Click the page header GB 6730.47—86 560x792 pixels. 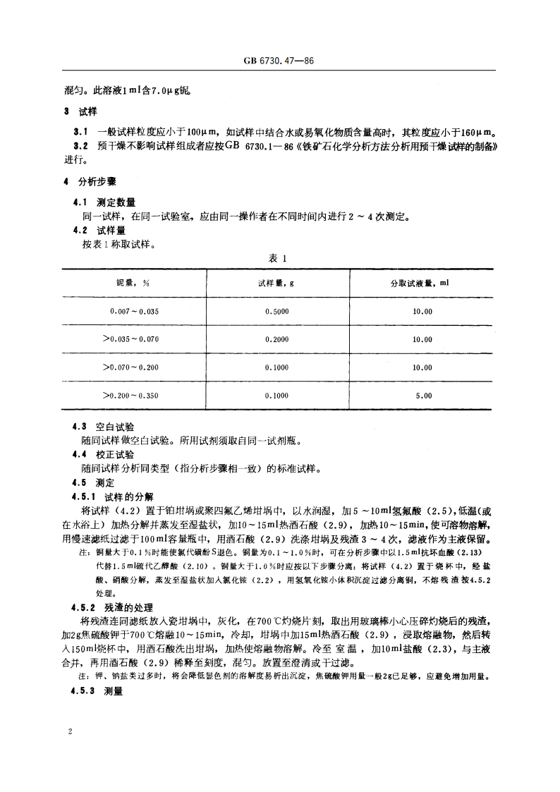280,62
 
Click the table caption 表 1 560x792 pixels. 279,259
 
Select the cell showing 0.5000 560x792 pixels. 276,311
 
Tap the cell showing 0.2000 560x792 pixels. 276,339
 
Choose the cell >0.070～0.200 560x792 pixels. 131,367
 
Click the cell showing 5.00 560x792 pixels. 423,396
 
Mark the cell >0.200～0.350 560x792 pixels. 131,396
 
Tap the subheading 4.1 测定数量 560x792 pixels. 105,202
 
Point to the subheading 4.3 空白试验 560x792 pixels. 105,427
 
